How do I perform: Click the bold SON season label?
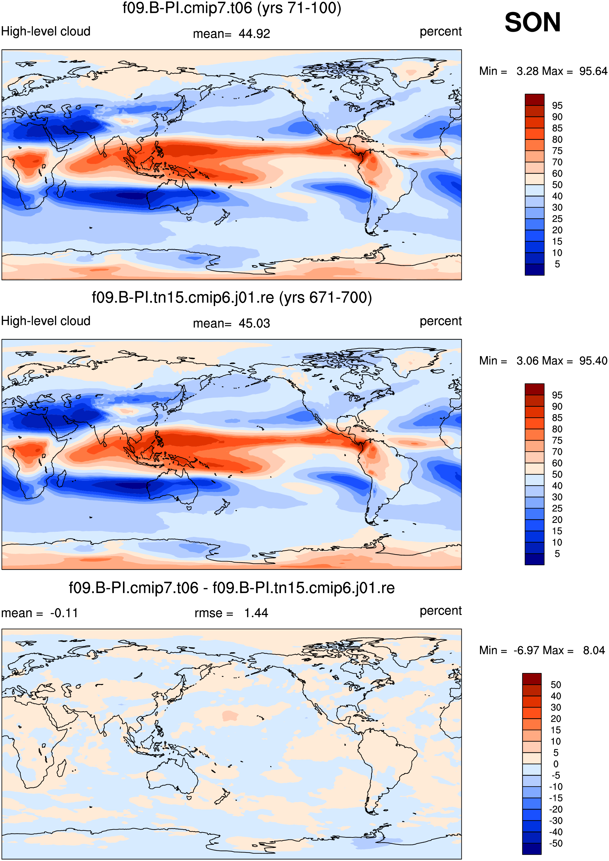point(533,23)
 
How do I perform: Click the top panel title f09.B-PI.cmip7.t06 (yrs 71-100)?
point(232,8)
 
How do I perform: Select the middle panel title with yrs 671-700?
point(232,298)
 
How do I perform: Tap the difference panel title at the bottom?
point(232,588)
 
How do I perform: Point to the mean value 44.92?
point(254,34)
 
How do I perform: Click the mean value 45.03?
point(254,323)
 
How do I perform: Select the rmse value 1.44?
point(256,613)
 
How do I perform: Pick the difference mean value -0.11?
point(64,613)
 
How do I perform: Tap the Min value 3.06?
point(529,361)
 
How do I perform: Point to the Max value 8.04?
point(594,650)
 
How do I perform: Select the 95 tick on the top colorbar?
point(557,105)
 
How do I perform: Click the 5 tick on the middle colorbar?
point(557,553)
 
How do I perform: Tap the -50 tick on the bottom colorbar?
point(556,843)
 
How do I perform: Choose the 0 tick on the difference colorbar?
point(556,764)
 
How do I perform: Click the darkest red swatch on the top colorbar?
point(534,100)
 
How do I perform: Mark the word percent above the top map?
point(441,32)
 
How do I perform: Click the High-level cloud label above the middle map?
point(46,321)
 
